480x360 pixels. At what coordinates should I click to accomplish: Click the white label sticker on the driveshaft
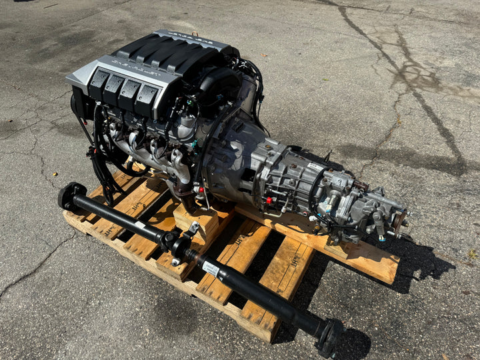coord(211,269)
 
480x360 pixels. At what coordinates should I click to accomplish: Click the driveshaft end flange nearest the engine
coord(69,195)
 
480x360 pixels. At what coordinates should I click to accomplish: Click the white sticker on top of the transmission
coord(315,165)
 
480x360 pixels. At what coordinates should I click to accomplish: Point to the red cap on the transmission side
coord(268,199)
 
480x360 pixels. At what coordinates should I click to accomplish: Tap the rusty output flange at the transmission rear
coord(399,223)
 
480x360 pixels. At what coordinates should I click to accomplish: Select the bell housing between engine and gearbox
coord(230,153)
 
